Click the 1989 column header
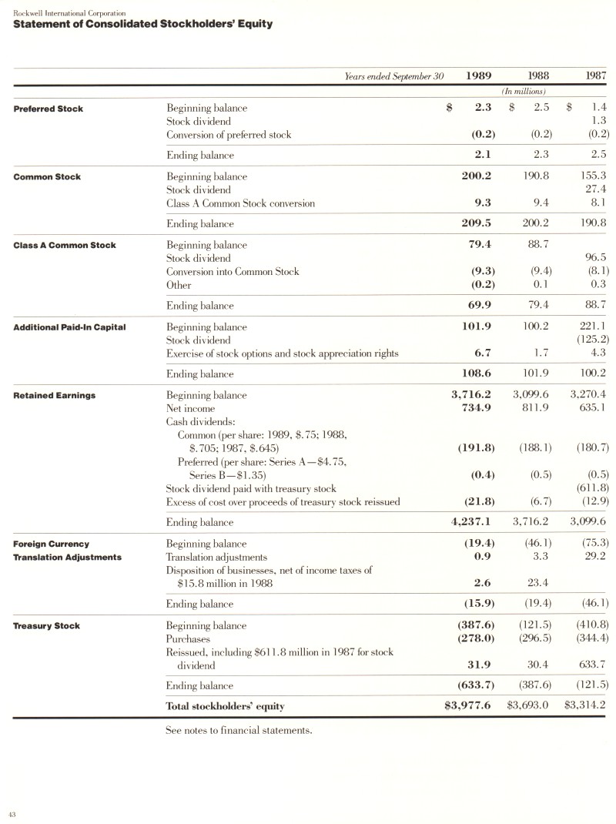tap(479, 75)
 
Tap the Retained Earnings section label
tap(55, 395)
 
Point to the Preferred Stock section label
tap(49, 109)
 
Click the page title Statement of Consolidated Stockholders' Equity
tap(142, 24)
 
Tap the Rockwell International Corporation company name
tap(69, 12)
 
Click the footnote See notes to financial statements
tap(239, 730)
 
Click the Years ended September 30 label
tap(395, 76)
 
